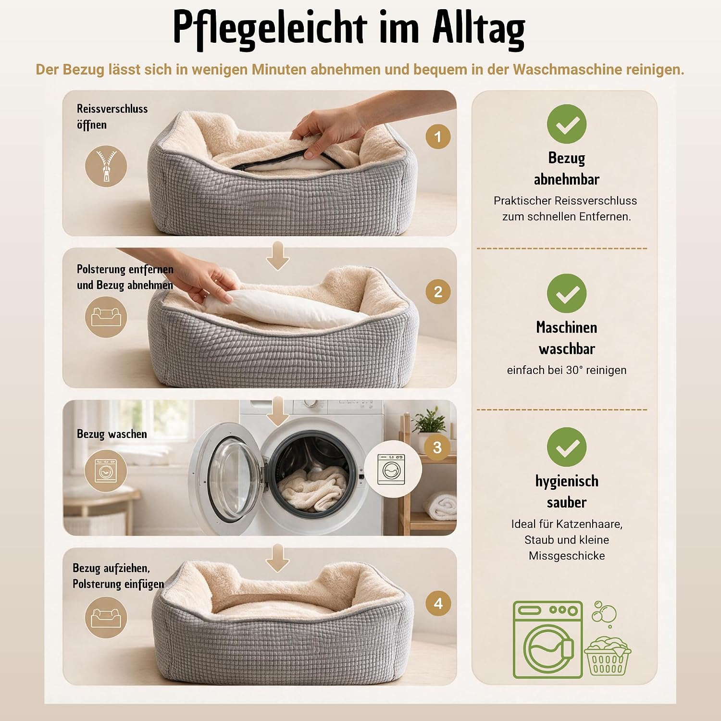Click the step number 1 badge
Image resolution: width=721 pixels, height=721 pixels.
[x=438, y=137]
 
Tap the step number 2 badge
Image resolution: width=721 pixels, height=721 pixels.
[x=438, y=292]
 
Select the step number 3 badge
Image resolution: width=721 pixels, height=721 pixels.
[x=437, y=448]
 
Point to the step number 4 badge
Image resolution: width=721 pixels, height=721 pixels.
[x=438, y=603]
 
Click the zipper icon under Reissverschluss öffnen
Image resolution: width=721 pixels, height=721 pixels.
[x=106, y=166]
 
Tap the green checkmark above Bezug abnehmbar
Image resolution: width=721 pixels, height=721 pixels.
[x=567, y=124]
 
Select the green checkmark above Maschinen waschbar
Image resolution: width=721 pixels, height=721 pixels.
[x=567, y=293]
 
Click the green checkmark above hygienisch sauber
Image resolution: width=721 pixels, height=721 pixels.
[x=567, y=447]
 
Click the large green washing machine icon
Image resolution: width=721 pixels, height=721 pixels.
[x=548, y=639]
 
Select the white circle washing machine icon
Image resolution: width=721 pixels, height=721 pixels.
[x=391, y=469]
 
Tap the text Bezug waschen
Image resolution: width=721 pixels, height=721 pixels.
[x=112, y=434]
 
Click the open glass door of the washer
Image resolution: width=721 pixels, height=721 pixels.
[x=226, y=473]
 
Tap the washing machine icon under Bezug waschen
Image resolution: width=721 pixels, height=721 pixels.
[x=106, y=471]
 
